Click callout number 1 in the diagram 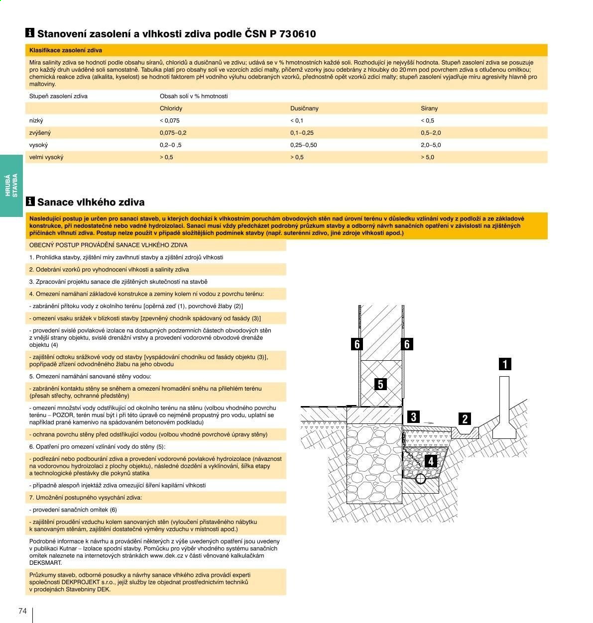[x=505, y=364]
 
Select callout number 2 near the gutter [x=465, y=418]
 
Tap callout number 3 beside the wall [x=413, y=416]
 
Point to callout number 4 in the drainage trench [x=430, y=461]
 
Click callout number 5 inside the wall [x=380, y=384]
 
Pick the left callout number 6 [x=357, y=344]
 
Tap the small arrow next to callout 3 [x=429, y=423]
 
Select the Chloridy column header [x=171, y=108]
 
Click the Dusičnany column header [x=304, y=108]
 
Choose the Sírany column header [x=429, y=108]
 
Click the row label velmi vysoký [x=46, y=157]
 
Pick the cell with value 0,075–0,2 [x=173, y=133]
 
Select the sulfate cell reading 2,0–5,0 [x=431, y=145]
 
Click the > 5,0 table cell [x=427, y=157]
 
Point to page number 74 [x=22, y=611]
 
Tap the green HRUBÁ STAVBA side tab [x=11, y=186]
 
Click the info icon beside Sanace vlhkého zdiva [x=30, y=201]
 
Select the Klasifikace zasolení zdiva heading [x=66, y=50]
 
